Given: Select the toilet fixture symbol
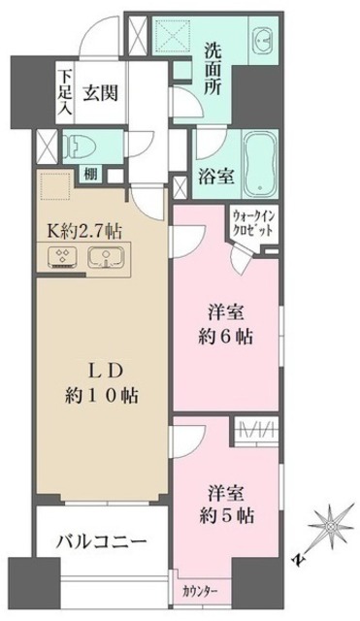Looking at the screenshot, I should point(81,147).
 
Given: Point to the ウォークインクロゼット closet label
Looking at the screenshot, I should point(255,224).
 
